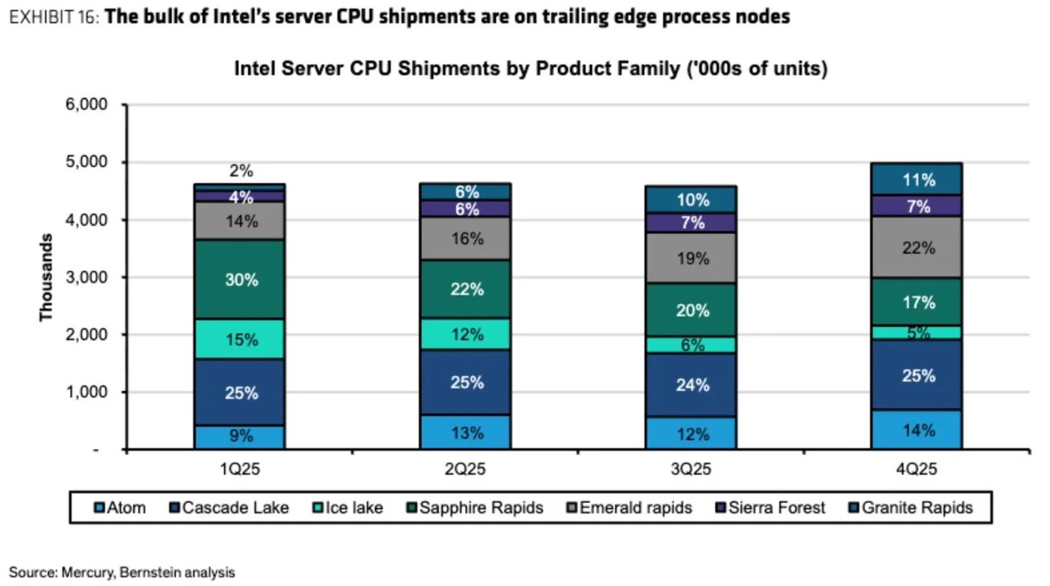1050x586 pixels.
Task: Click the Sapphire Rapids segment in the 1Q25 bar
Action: point(241,280)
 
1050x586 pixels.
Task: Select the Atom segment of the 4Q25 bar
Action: point(918,429)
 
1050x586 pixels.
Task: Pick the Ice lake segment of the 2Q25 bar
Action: point(466,334)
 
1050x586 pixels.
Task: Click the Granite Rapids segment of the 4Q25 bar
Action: point(918,179)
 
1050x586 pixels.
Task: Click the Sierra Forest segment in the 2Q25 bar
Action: point(466,208)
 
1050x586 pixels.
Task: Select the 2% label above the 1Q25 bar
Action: point(241,172)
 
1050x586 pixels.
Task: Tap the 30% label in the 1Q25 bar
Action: point(241,280)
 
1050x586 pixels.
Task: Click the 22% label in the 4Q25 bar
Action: point(918,248)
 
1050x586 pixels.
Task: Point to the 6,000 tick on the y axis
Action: point(87,105)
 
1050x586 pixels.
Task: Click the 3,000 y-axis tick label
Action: point(87,277)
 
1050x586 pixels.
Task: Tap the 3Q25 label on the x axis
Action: point(692,469)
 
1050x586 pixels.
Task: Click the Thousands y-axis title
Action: point(45,277)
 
